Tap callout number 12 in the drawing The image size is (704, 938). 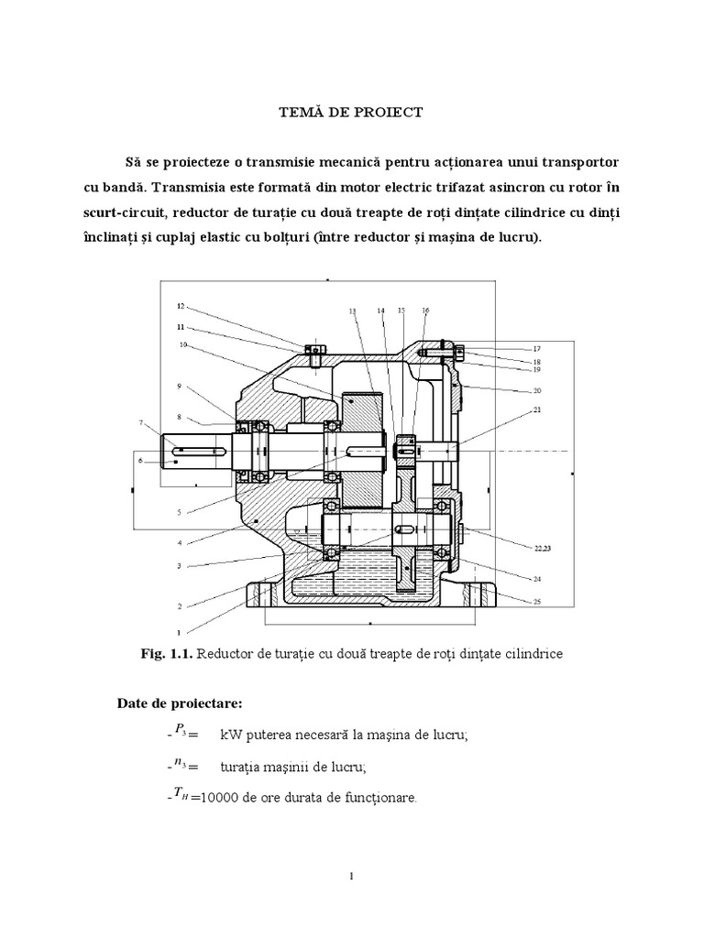coord(181,306)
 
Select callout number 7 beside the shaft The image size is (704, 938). coord(141,422)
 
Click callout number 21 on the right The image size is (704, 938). coord(535,411)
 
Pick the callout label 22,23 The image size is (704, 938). coord(544,548)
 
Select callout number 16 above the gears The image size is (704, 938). coord(425,311)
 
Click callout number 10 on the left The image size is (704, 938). coord(183,345)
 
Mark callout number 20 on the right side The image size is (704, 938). coord(535,390)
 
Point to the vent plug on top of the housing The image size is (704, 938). coord(313,350)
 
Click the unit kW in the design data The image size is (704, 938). coord(230,736)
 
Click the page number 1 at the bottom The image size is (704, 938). coord(352,878)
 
